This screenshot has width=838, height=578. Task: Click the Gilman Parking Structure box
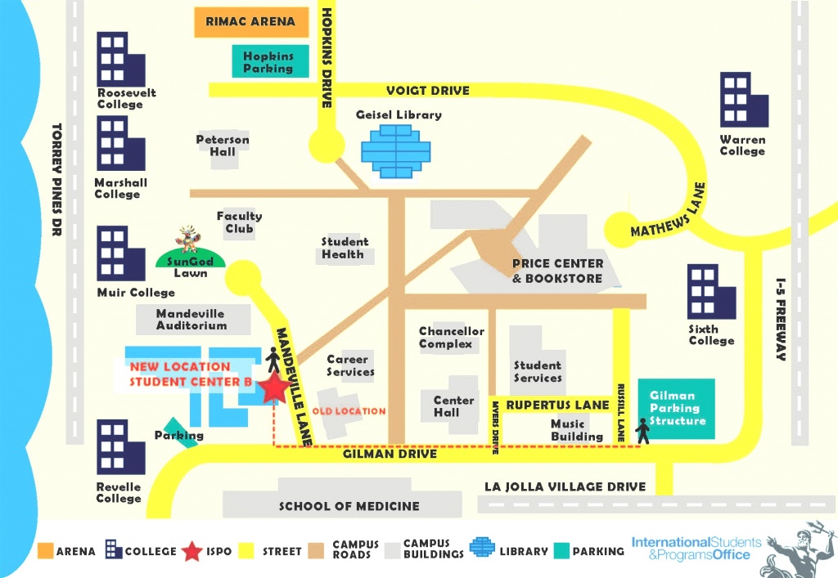[677, 408]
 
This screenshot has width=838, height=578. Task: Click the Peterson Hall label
[222, 146]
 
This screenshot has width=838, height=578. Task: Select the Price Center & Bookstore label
[557, 271]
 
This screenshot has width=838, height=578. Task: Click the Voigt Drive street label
[428, 91]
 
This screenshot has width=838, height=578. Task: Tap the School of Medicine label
[349, 506]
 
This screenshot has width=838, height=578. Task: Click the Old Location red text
[349, 410]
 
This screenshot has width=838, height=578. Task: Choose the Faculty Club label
[239, 222]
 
